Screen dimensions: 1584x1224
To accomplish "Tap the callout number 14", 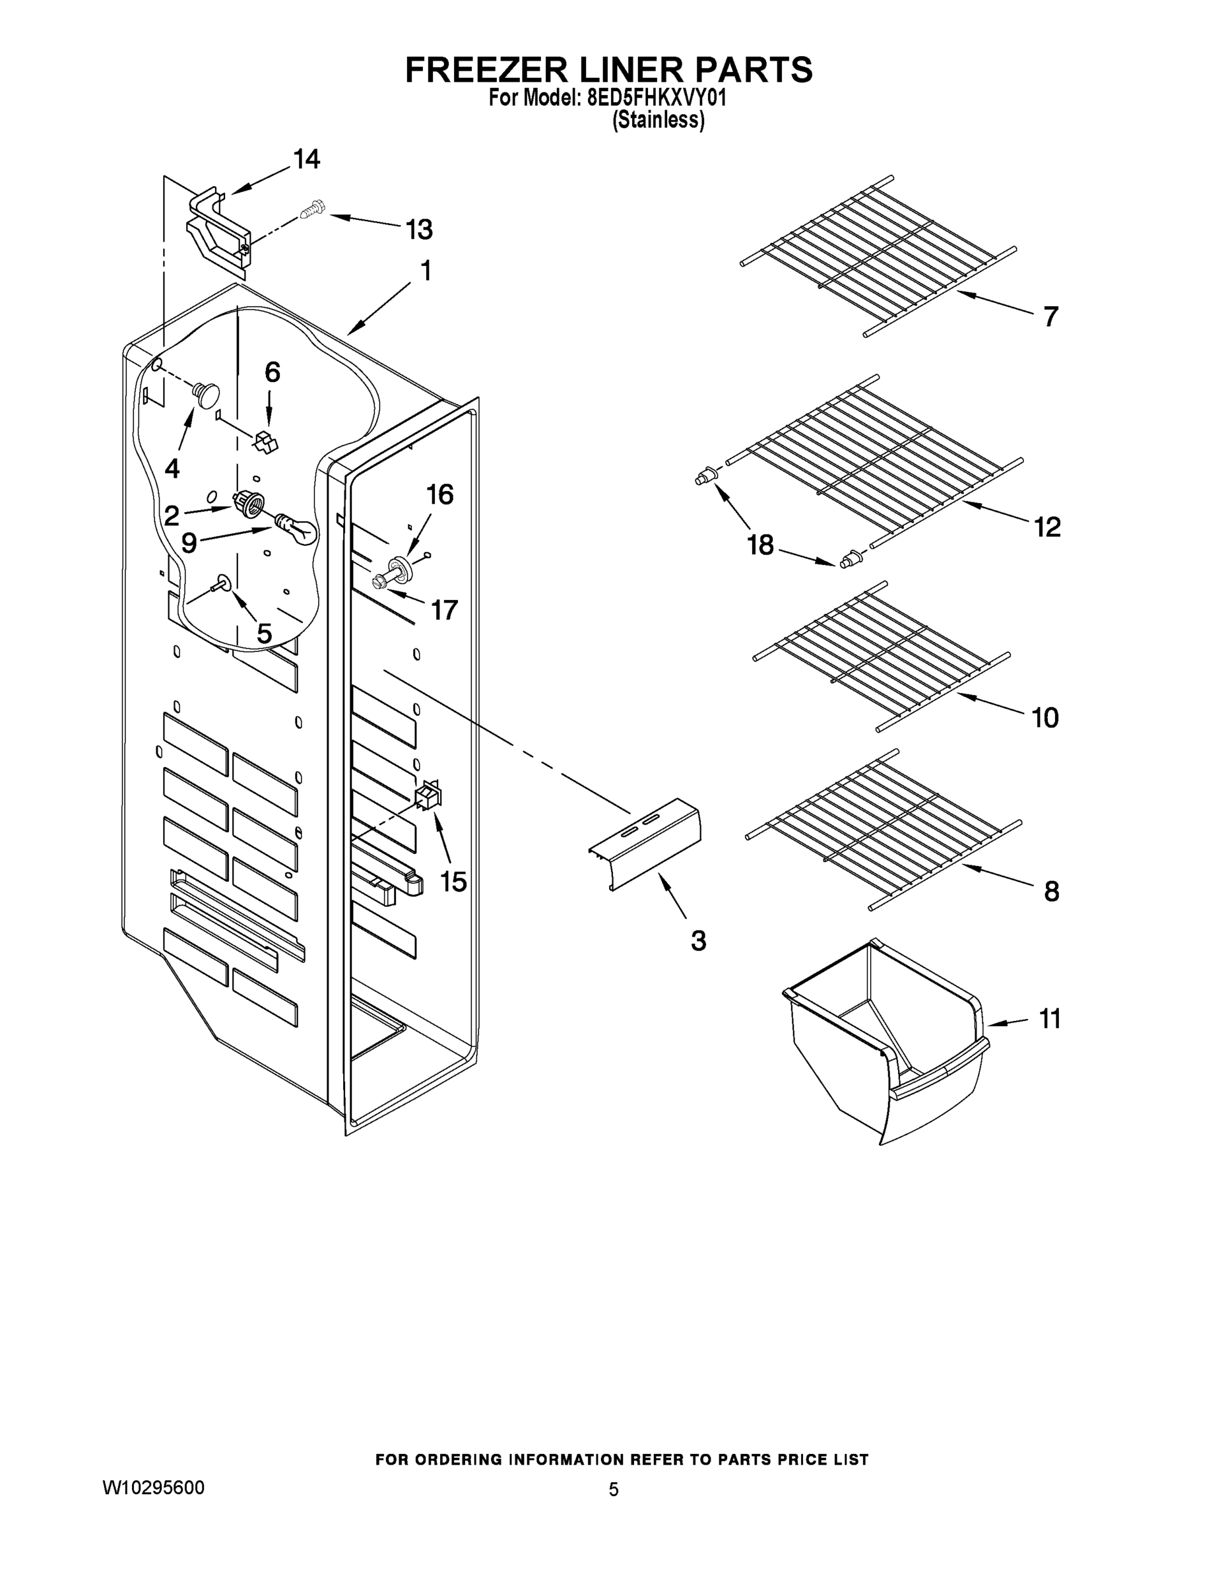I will tap(306, 160).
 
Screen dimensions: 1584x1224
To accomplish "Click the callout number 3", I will tap(697, 940).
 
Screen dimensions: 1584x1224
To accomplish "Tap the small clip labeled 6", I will tap(267, 441).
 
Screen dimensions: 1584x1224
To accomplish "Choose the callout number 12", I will tap(1047, 527).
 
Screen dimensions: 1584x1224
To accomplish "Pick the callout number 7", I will tap(1050, 316).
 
